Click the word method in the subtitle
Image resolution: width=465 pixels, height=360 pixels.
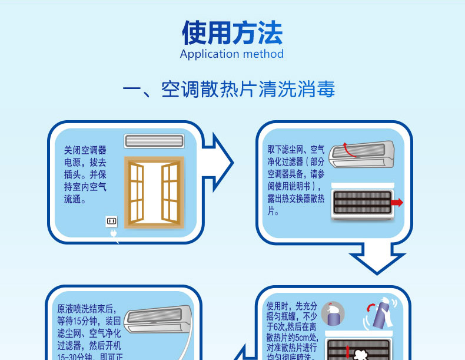[x=263, y=54]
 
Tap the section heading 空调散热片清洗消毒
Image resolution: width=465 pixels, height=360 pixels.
[x=248, y=90]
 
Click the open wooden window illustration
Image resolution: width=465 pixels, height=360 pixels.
[x=154, y=192]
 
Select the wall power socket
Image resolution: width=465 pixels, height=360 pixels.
[x=111, y=222]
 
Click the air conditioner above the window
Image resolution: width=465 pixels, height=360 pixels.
[x=153, y=141]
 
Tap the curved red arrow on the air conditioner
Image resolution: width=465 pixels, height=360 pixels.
[x=350, y=151]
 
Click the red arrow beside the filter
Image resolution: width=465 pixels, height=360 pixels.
[x=397, y=203]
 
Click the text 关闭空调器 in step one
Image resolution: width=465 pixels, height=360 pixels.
[x=85, y=151]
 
